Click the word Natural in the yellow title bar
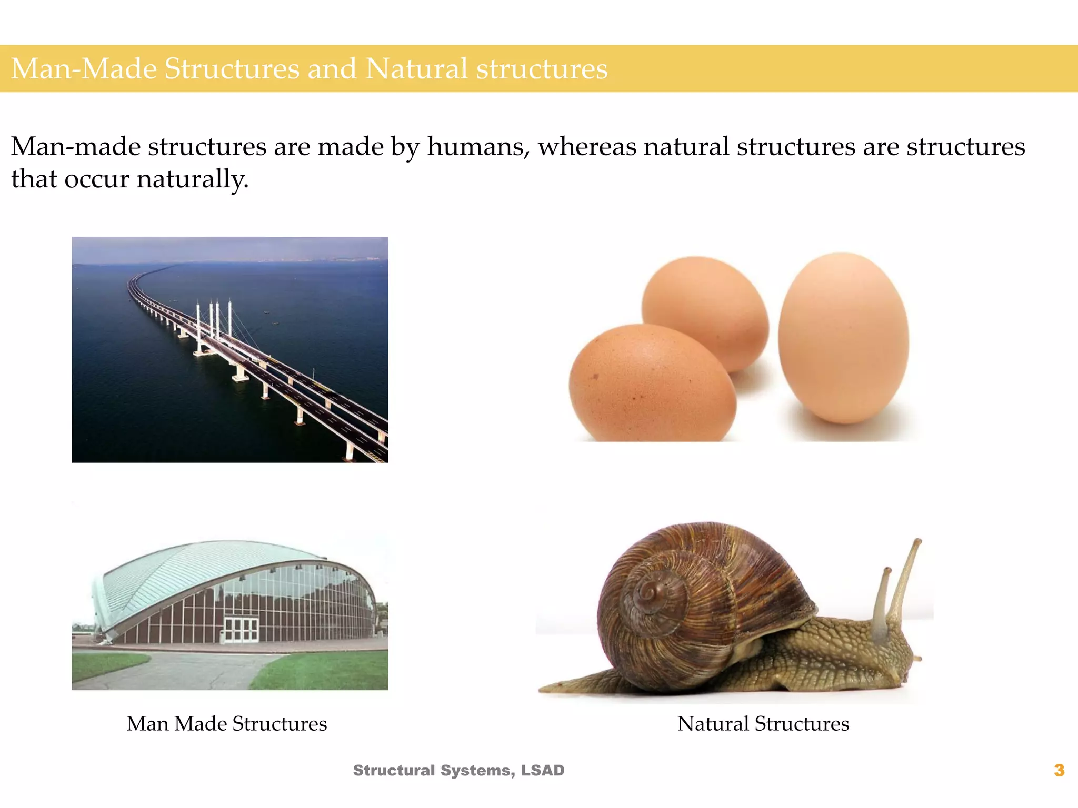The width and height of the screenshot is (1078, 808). [x=416, y=69]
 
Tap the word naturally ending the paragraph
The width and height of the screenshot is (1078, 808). [x=192, y=179]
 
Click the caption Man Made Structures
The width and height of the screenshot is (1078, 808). [x=226, y=724]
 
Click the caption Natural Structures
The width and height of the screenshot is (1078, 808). [x=763, y=724]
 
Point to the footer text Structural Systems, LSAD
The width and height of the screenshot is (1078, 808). [x=458, y=770]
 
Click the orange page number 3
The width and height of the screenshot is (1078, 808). [x=1059, y=770]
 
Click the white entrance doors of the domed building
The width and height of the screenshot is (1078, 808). [x=241, y=629]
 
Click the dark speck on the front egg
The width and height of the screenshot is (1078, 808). [x=596, y=376]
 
